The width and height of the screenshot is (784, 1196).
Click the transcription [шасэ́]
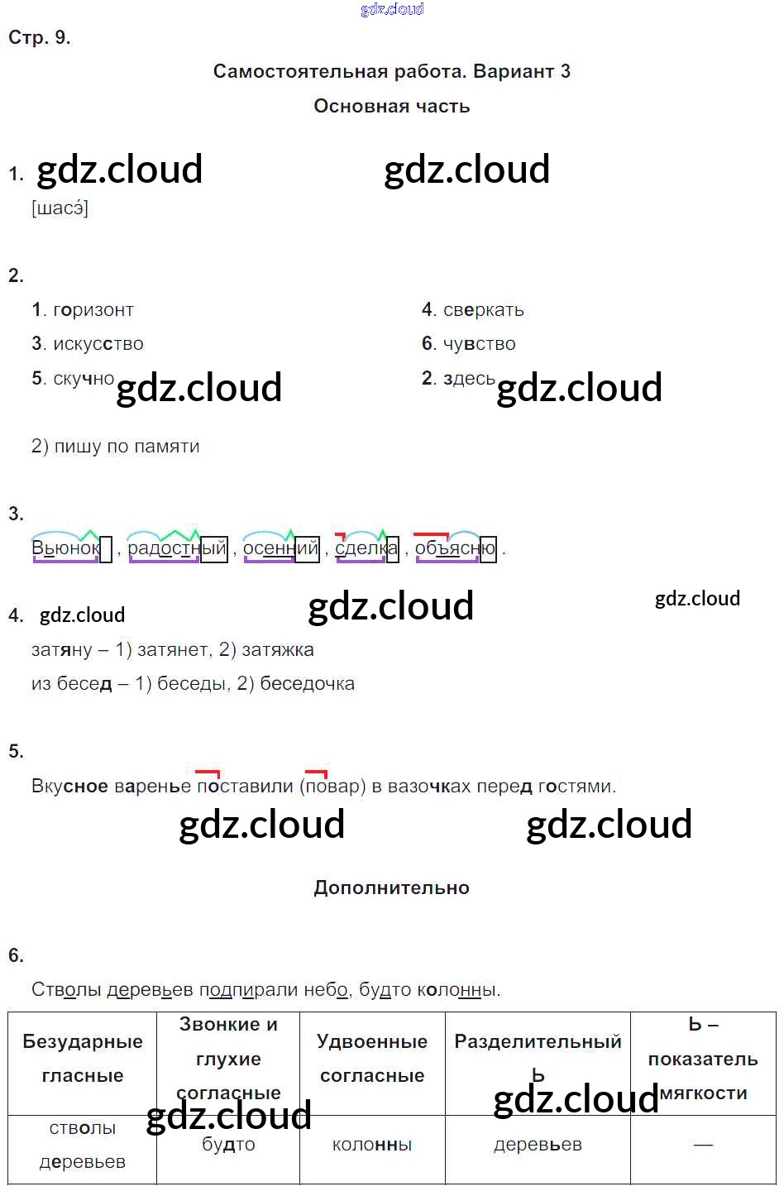60,208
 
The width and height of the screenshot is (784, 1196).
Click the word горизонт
93,310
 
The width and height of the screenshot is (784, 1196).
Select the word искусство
98,344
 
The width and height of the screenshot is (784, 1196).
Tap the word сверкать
483,310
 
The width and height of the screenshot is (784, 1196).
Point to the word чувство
479,344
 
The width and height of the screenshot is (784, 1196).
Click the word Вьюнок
66,548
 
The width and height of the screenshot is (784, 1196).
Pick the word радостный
176,548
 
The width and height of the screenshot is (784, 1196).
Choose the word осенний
280,548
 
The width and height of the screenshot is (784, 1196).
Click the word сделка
366,548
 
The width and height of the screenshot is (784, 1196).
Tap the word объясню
455,548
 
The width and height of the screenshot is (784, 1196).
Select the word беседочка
307,684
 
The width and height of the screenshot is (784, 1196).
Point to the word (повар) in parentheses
333,787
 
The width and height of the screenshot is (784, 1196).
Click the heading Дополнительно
391,887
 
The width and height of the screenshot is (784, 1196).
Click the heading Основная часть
391,106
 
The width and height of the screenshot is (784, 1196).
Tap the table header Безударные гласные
82,1059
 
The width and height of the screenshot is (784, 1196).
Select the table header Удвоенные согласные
371,1059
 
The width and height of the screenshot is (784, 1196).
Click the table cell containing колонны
371,1146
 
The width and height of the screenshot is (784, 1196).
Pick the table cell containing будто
228,1146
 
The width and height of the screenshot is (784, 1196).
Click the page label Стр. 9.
39,37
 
